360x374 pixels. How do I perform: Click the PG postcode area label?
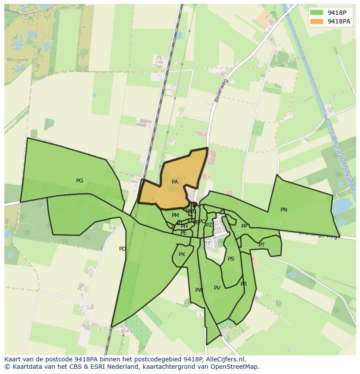click(80, 181)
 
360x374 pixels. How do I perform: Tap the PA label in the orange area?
click(175, 182)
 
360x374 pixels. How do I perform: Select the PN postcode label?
click(284, 210)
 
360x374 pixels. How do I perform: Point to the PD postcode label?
click(123, 249)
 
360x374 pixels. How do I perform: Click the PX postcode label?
click(182, 255)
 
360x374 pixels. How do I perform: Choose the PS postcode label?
click(231, 259)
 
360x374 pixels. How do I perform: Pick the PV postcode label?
click(217, 288)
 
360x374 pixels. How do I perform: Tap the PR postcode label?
click(243, 284)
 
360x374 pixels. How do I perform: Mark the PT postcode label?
click(262, 245)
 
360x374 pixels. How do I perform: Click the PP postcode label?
click(244, 226)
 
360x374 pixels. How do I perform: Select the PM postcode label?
click(175, 215)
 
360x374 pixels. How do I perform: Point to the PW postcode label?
click(199, 290)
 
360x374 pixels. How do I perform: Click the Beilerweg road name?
click(221, 90)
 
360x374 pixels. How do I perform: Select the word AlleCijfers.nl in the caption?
click(225, 360)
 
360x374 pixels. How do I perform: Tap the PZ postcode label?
click(209, 225)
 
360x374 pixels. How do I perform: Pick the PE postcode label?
click(183, 233)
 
